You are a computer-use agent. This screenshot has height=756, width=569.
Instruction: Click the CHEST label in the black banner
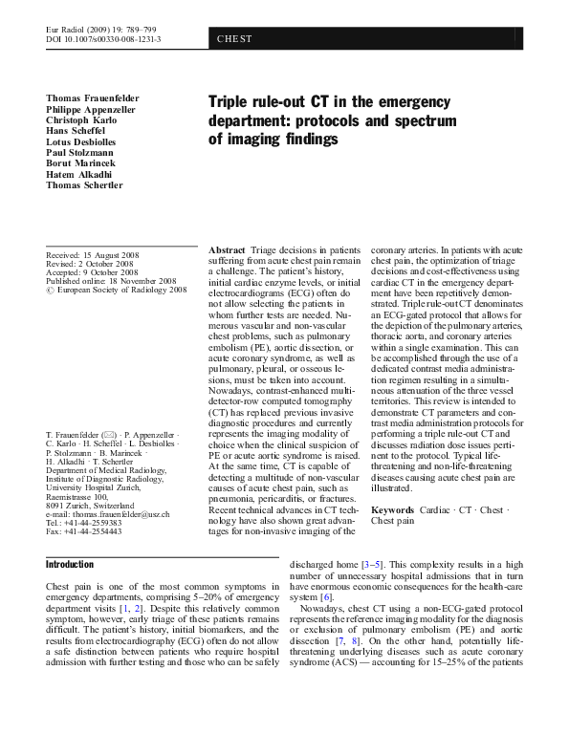[x=234, y=39]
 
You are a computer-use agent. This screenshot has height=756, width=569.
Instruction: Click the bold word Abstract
[x=226, y=248]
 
